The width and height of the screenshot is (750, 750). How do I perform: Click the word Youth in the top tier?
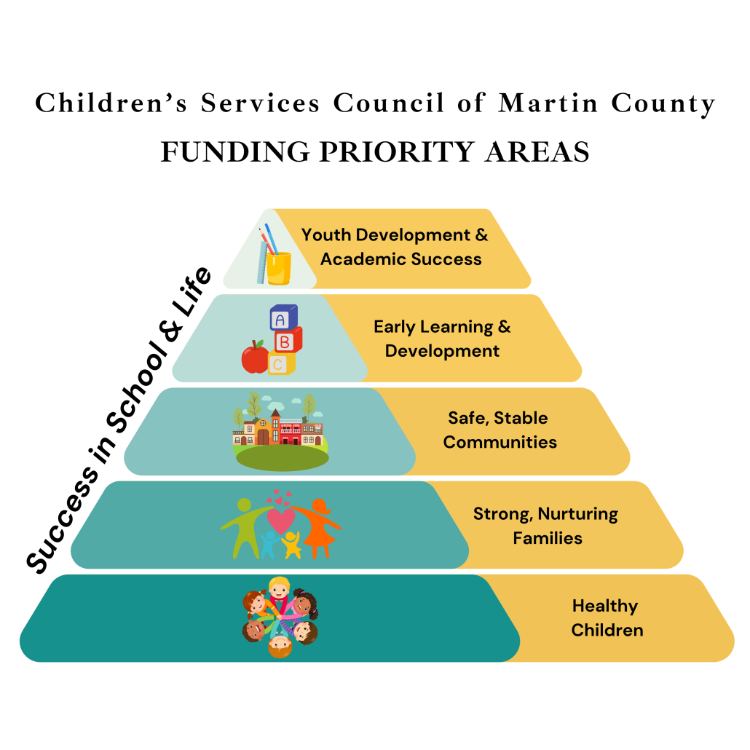pos(325,235)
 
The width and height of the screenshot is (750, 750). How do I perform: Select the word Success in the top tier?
pos(446,259)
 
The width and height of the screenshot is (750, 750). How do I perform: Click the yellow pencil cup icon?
pos(278,267)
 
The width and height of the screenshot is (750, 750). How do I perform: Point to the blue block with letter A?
pos(283,317)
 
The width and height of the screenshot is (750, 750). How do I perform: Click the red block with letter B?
pos(287,340)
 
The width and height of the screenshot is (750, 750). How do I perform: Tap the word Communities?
pos(500,442)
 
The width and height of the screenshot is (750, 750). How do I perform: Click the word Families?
pos(548,538)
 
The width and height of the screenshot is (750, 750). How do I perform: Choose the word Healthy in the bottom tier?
pos(604,606)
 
